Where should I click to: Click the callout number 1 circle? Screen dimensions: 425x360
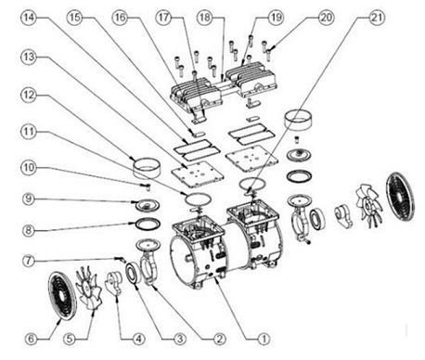point(264,339)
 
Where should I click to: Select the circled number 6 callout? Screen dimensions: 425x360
point(31,339)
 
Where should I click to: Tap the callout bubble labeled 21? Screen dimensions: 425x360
point(377,18)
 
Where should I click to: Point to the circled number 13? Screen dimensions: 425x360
point(28,57)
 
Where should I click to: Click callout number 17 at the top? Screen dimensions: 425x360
point(163,18)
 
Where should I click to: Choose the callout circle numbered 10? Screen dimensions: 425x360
point(28,168)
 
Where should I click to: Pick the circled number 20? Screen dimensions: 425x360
point(326,18)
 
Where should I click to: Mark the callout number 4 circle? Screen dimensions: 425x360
point(138,339)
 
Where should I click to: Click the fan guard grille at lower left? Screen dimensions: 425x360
point(62,296)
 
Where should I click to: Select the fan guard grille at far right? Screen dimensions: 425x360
point(400,197)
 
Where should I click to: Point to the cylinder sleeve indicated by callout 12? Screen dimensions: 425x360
point(147,168)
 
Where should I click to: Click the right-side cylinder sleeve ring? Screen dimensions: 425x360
point(298,120)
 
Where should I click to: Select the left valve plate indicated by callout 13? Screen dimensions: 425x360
point(198,175)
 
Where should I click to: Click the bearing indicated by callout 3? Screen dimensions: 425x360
point(134,273)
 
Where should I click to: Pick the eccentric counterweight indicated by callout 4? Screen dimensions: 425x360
point(113,282)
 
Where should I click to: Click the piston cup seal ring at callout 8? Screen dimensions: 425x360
point(148,224)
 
